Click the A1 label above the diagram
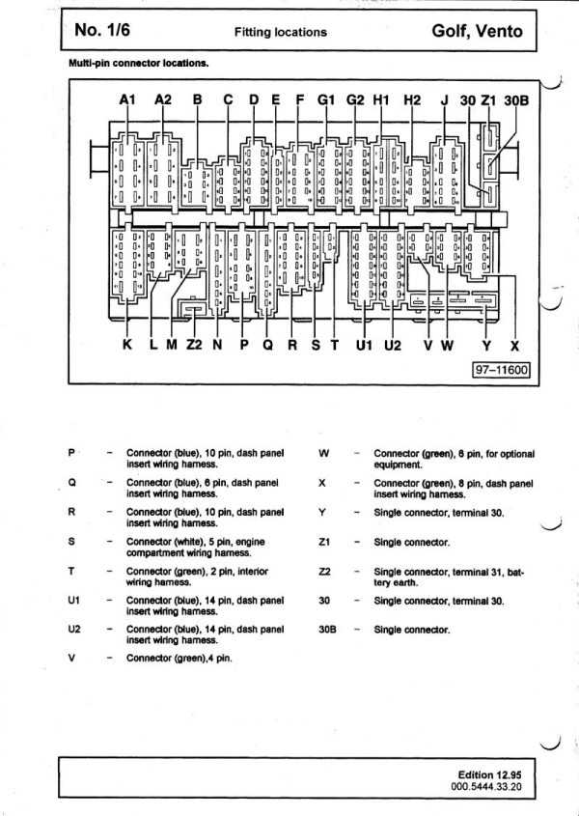(x=127, y=99)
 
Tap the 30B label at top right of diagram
(x=516, y=99)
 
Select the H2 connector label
(x=412, y=99)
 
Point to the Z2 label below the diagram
(x=194, y=345)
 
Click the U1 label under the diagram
(x=364, y=345)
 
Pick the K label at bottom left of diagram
(x=127, y=345)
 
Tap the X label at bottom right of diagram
(x=514, y=345)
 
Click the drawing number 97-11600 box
(x=501, y=370)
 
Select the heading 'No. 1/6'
(x=102, y=30)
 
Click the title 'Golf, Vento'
(x=477, y=31)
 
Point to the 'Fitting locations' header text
(x=281, y=32)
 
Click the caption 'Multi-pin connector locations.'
(x=139, y=64)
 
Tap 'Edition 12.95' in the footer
(x=489, y=774)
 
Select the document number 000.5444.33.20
(x=486, y=786)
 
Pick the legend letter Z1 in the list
(x=324, y=542)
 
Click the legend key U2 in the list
(x=74, y=630)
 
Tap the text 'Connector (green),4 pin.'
(x=179, y=659)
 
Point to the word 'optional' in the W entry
(x=515, y=454)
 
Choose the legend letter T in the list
(x=71, y=572)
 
